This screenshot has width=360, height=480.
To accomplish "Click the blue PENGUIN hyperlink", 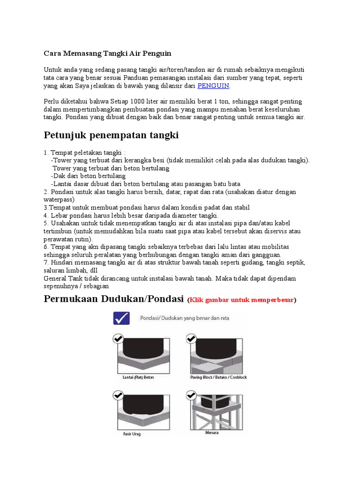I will pos(213,86).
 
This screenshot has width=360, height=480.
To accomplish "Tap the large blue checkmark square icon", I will pos(122,318).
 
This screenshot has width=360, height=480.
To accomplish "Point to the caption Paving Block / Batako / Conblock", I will pos(218,377).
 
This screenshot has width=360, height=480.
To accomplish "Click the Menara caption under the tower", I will pos(212,432).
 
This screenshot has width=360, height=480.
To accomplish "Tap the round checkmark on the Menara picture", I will pos(191,396).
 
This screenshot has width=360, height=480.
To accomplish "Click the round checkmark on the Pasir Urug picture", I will pos(118,396).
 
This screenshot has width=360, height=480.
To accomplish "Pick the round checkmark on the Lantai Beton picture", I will pos(118,338).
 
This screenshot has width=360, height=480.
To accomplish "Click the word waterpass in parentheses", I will pos(57,199).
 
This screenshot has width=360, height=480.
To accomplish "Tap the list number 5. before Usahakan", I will pos(46,223).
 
